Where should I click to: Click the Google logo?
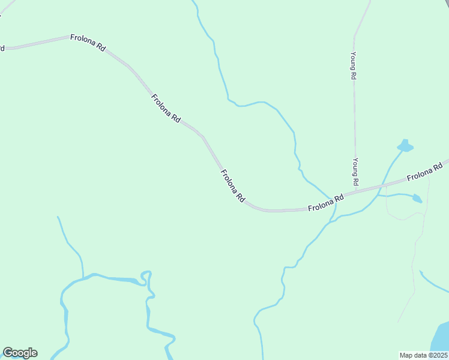20,353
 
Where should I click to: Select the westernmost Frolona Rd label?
88,43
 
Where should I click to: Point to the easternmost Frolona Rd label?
427,170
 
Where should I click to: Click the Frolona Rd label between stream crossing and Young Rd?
325,203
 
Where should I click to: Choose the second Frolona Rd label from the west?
166,109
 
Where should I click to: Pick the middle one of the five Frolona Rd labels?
233,185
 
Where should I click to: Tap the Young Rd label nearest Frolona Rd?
355,172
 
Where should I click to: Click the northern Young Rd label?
354,66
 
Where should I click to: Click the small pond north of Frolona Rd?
405,146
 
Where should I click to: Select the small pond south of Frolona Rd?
415,198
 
